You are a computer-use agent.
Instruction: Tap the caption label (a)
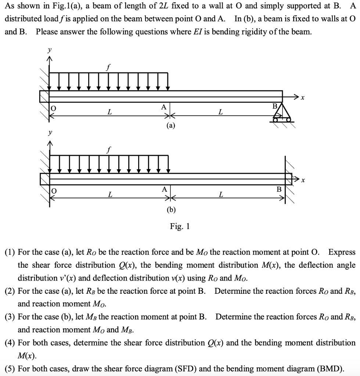171,126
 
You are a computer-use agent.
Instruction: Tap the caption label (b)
171,210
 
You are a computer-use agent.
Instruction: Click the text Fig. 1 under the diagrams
180,227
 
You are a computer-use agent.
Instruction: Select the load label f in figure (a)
108,67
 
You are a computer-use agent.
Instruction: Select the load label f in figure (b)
108,149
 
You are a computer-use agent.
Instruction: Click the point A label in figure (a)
164,107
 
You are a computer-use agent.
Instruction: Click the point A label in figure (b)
164,189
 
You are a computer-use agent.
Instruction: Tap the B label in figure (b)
279,189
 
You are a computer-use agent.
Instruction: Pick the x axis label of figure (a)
302,98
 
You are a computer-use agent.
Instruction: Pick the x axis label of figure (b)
302,180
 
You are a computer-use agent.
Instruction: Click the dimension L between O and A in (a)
109,112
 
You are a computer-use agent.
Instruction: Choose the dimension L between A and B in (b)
220,195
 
